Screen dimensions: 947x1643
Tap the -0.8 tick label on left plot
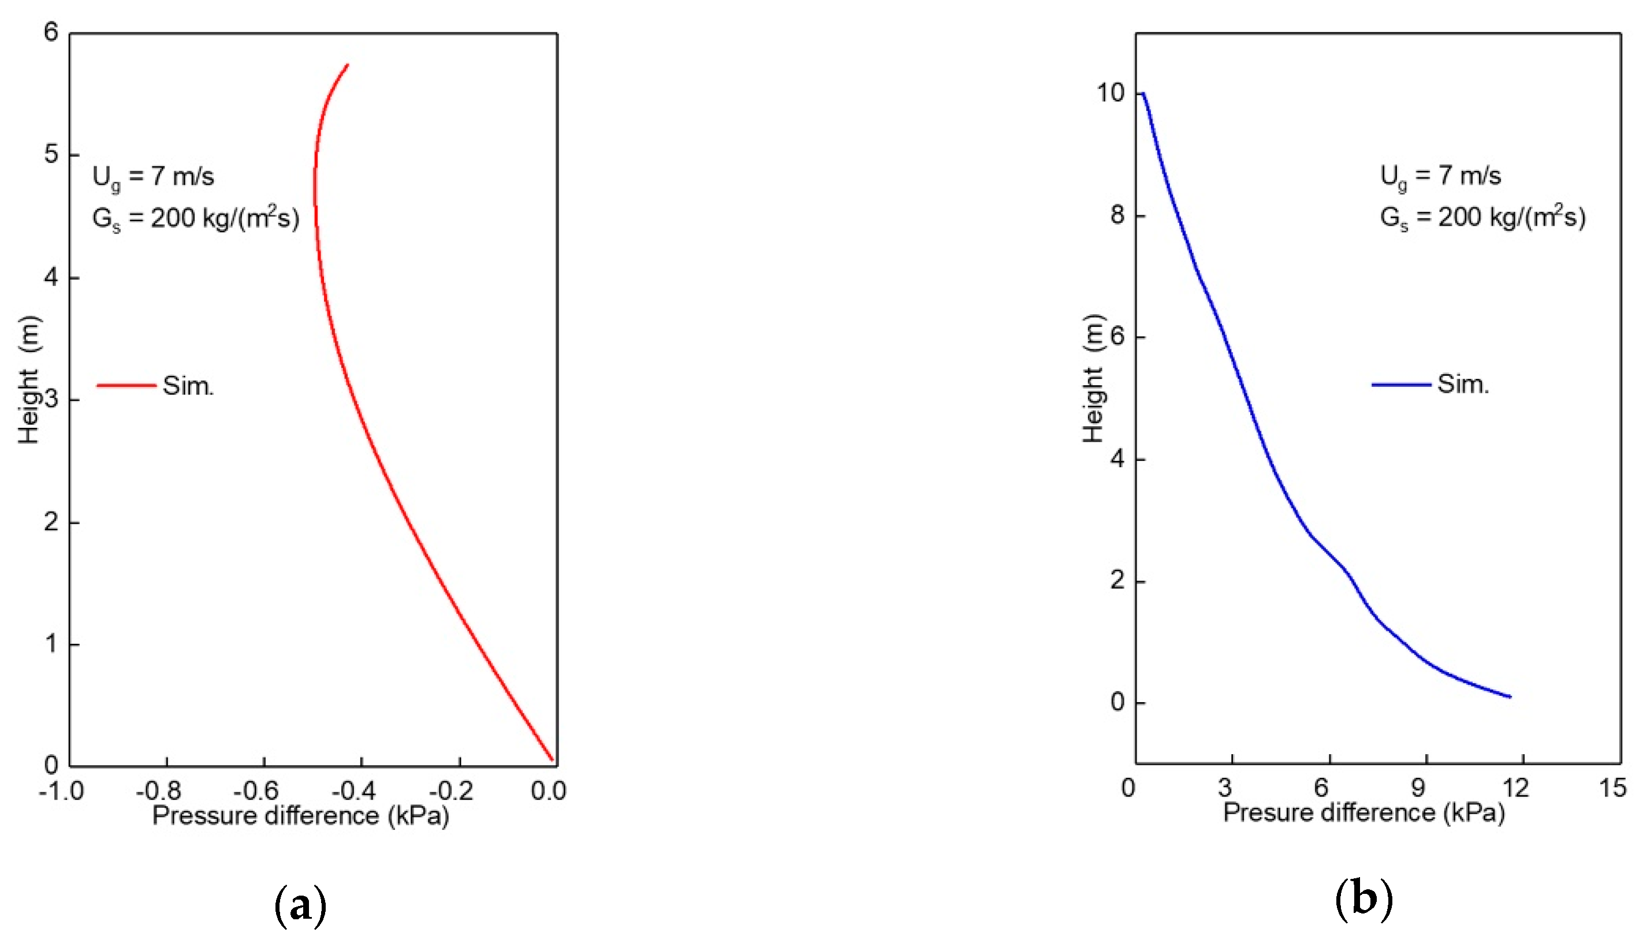pos(158,791)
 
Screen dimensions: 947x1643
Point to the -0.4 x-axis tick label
pos(354,791)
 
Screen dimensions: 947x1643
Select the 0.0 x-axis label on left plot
pos(548,791)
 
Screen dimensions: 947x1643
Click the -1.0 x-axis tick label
pos(61,791)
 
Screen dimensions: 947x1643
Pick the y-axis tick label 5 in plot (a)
pos(51,155)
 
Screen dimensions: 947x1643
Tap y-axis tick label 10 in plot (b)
pos(1111,93)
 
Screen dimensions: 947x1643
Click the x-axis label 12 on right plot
pos(1515,788)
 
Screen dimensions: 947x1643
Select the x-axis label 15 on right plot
pos(1612,788)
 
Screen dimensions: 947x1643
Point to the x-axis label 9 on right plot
pos(1418,788)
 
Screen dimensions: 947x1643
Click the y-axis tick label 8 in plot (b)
pos(1117,215)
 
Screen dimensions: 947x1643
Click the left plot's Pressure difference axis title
pos(300,815)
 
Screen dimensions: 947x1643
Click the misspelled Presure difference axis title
pos(1364,813)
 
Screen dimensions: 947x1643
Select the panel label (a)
pos(300,905)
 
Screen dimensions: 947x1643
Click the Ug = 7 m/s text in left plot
pos(153,177)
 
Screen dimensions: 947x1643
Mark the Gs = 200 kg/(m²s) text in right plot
pos(1482,217)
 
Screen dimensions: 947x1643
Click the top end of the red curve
pos(348,65)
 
